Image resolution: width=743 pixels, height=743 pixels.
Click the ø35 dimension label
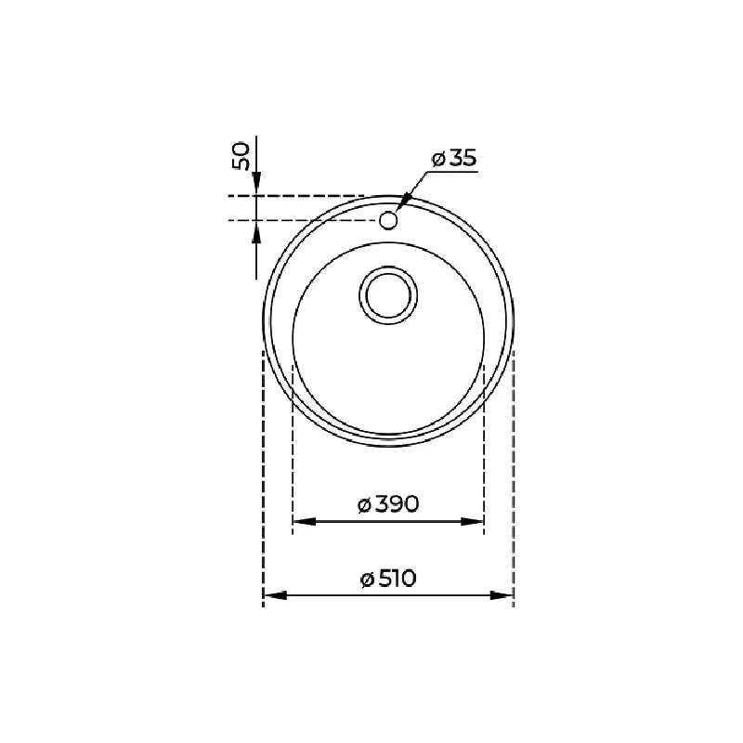(454, 158)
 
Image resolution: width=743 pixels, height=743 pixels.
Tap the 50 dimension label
(241, 155)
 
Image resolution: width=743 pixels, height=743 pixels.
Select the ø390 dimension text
(388, 504)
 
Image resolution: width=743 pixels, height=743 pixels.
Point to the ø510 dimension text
(388, 579)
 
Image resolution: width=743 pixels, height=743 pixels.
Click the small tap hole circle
(388, 220)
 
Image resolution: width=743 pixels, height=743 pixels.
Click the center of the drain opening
(388, 295)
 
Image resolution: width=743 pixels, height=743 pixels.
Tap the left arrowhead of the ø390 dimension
(305, 521)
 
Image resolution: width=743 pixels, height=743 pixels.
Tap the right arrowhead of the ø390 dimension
(473, 521)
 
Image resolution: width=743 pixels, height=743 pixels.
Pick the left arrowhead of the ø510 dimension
(275, 595)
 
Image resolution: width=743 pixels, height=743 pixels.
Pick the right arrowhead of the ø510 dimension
(502, 595)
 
